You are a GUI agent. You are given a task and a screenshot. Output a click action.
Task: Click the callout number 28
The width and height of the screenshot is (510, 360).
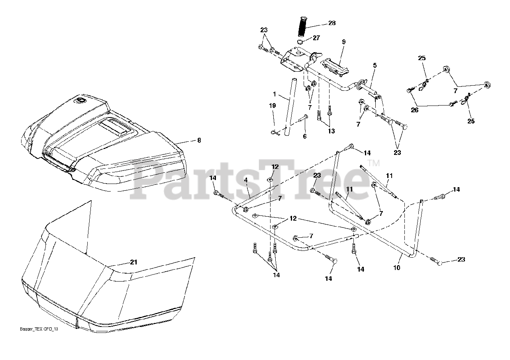point(332,23)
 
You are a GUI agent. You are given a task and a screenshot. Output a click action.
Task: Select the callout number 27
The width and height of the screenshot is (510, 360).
point(316,38)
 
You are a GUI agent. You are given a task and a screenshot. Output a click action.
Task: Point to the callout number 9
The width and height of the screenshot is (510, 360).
point(343,42)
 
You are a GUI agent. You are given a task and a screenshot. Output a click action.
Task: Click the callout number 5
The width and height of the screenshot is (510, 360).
point(375,65)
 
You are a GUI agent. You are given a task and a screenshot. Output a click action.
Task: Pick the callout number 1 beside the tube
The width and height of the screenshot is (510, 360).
point(275,94)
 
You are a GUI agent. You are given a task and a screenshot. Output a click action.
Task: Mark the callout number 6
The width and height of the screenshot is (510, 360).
point(305,136)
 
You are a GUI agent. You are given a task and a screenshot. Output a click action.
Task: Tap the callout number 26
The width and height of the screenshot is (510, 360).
point(415,110)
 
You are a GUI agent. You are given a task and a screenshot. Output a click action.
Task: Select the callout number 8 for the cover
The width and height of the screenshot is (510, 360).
point(199,140)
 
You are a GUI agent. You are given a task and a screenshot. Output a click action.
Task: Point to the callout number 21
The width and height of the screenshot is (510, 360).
point(133,262)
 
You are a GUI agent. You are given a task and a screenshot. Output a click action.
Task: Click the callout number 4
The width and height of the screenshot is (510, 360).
point(246,180)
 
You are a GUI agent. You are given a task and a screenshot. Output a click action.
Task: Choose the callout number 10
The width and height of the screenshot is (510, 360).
point(397,268)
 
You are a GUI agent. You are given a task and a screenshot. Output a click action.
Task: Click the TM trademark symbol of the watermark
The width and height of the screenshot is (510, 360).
point(373,163)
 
